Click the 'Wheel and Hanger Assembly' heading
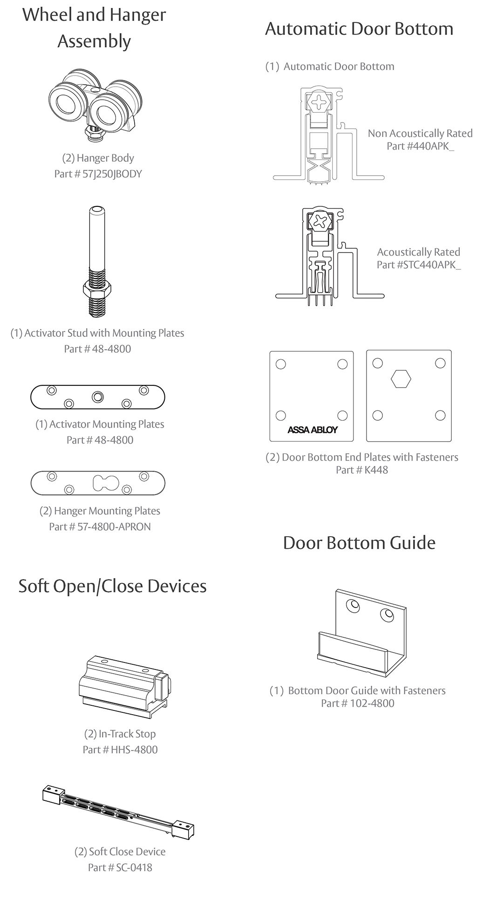(94, 27)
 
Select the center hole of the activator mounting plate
(97, 397)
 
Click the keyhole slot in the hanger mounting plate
(106, 483)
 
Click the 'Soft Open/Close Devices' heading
(112, 586)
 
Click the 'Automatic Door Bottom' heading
(359, 28)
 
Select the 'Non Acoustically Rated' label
(420, 133)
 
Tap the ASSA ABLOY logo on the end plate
(312, 430)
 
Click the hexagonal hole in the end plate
(401, 379)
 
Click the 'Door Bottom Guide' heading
(359, 543)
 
